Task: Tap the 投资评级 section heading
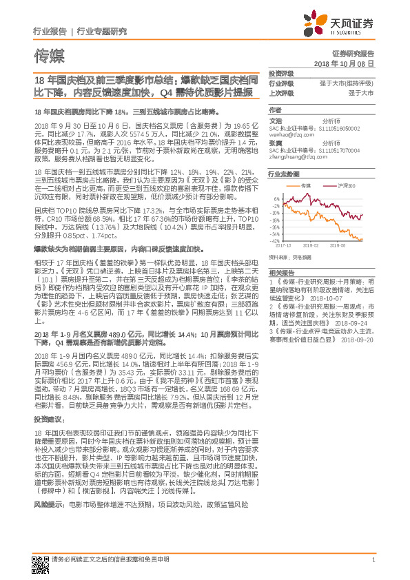click(280, 73)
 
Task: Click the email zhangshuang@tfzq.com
click(291, 156)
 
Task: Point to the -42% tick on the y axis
click(275, 240)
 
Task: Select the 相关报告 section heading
click(280, 271)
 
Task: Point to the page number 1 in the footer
click(373, 559)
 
